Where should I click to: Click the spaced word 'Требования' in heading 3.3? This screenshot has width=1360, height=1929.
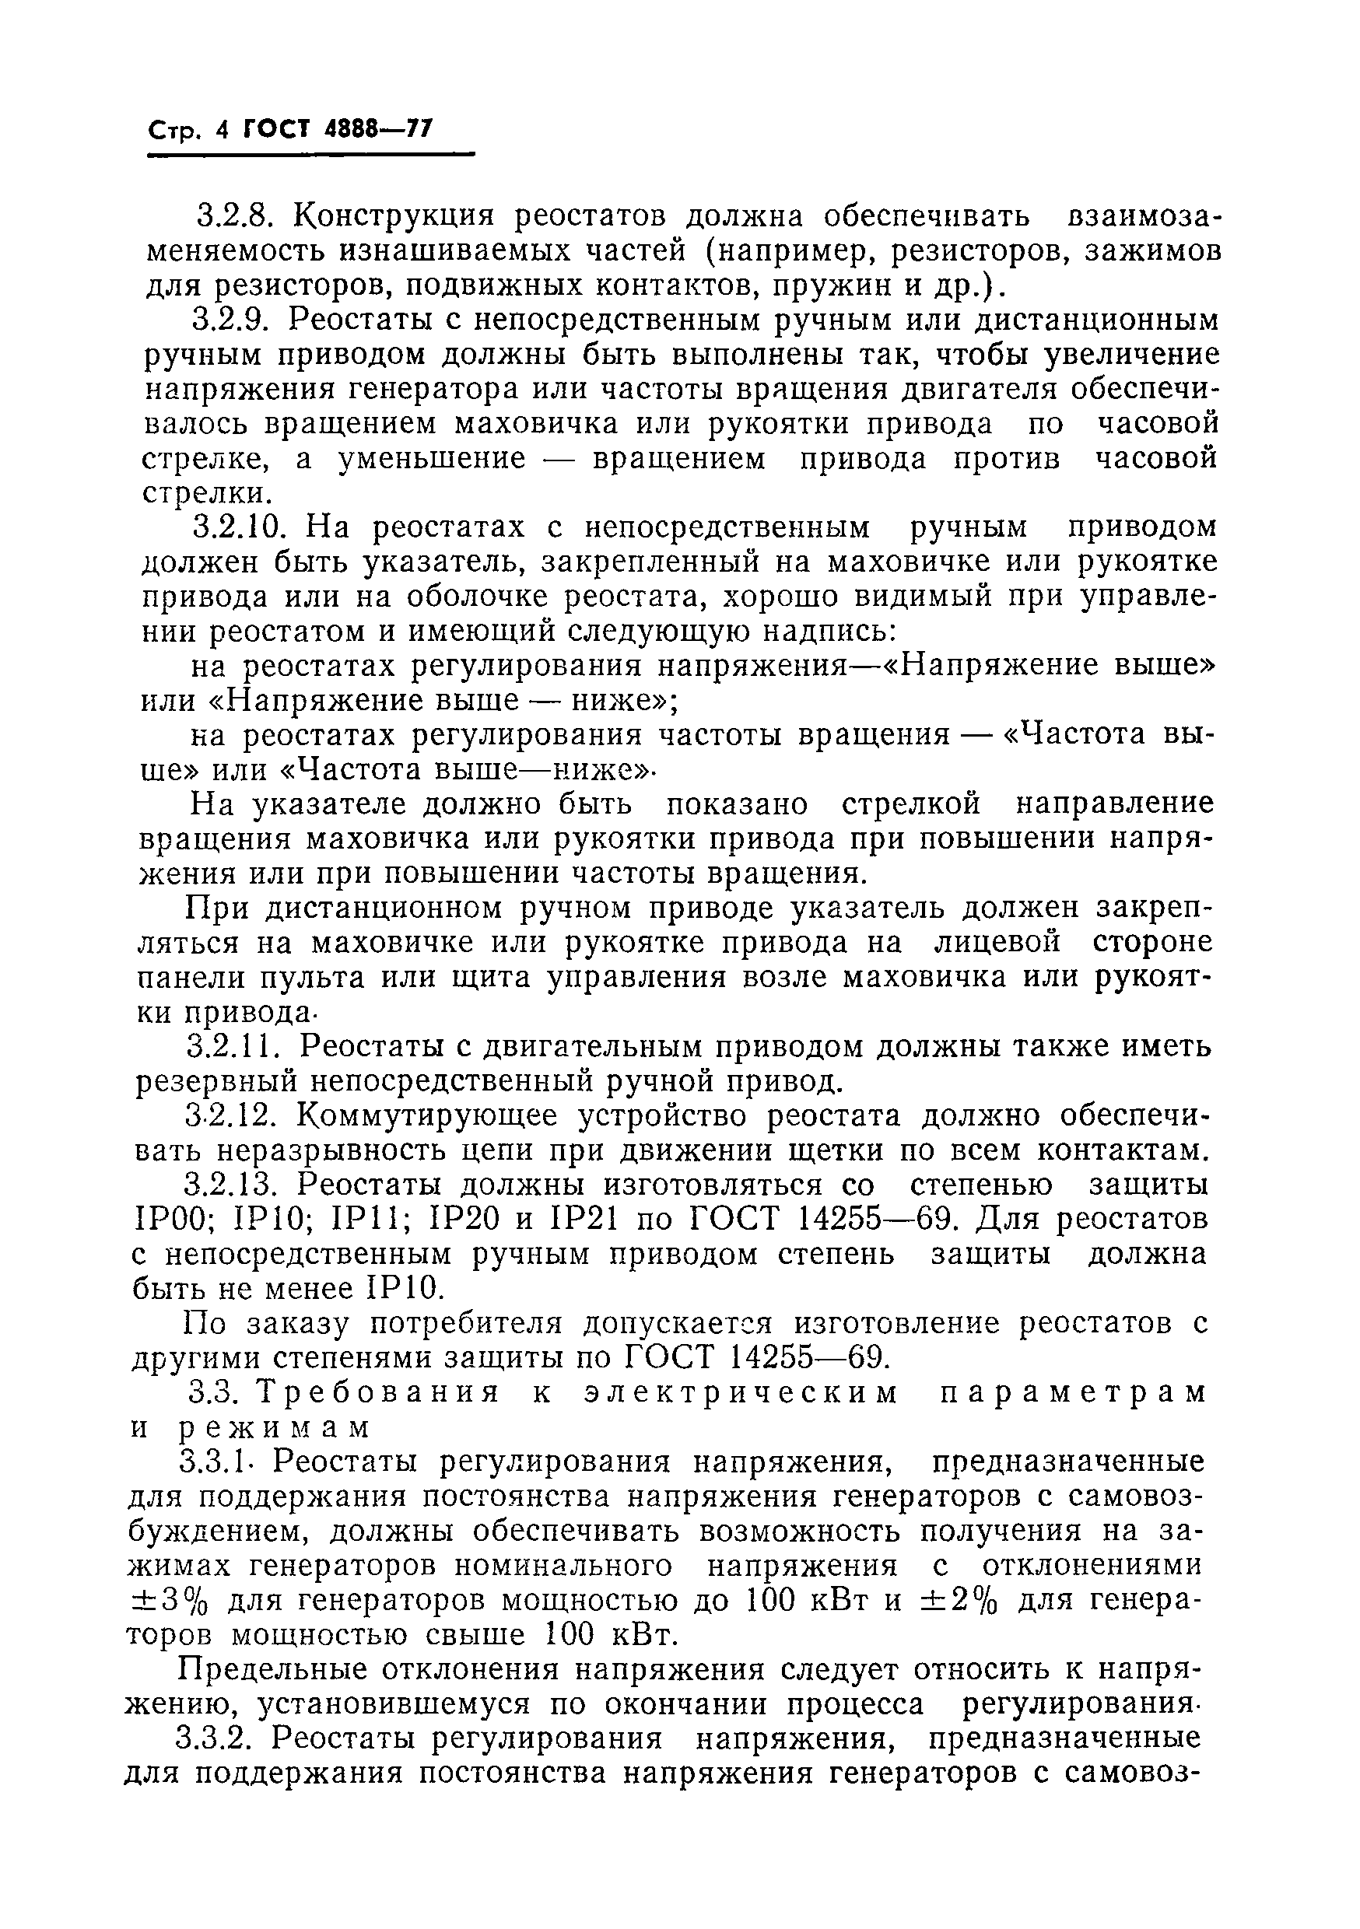pos(377,1393)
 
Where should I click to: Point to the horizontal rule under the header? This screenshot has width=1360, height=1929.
pos(310,155)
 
